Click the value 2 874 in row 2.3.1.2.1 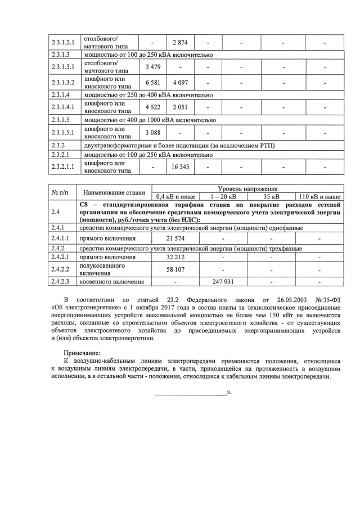pos(180,43)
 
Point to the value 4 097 pos(180,83)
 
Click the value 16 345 pos(180,167)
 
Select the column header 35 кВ pos(272,197)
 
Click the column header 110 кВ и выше pos(319,197)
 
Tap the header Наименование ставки pos(114,193)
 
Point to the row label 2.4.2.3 pos(60,282)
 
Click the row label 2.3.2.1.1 pos(62,167)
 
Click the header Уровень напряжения pos(247,189)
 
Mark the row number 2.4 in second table pos(55,212)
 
